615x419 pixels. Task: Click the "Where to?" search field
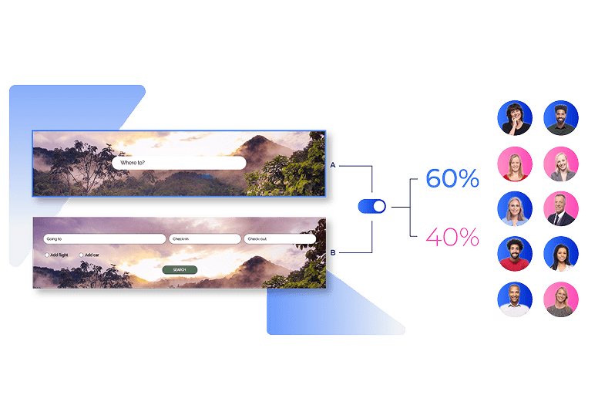[x=179, y=163]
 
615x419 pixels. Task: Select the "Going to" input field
[x=105, y=239]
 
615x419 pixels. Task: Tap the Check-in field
[x=205, y=239]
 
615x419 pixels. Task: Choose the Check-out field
[x=279, y=239]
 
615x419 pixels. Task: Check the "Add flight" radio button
[x=47, y=255]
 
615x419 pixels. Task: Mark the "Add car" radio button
[x=81, y=255]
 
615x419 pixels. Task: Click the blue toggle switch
[x=372, y=207]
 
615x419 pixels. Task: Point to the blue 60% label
[x=452, y=179]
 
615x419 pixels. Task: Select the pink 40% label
[x=452, y=237]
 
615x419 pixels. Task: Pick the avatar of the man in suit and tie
[x=560, y=208]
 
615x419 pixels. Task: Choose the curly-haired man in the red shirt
[x=515, y=254]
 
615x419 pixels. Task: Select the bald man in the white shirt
[x=515, y=299]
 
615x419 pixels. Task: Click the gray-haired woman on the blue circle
[x=515, y=208]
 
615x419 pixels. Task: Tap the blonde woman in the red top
[x=515, y=164]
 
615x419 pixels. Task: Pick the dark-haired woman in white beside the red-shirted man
[x=560, y=254]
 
